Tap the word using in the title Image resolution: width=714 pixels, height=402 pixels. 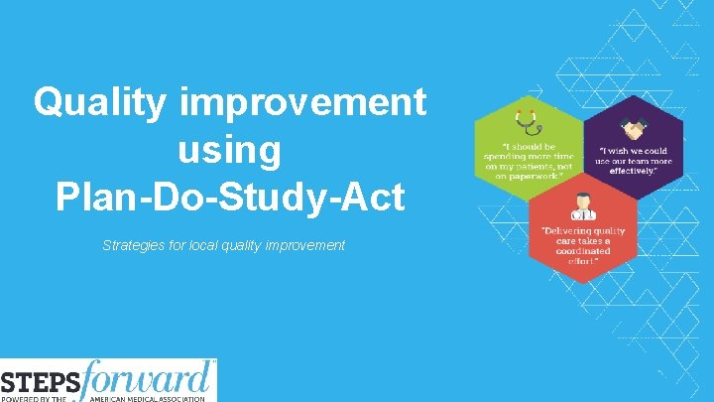[230, 150]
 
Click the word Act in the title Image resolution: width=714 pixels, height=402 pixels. [374, 197]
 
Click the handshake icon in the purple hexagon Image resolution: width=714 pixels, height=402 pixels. [632, 128]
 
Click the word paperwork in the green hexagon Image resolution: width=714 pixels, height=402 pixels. [534, 176]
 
